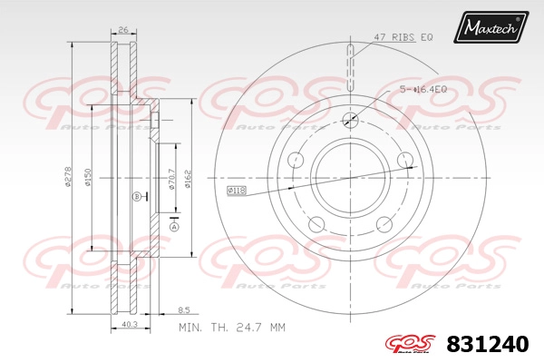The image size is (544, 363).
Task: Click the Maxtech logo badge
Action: tap(491, 27)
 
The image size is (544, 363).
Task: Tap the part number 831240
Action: tap(488, 344)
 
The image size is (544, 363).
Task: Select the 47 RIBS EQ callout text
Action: tap(403, 37)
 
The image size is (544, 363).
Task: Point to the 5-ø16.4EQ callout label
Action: tap(423, 90)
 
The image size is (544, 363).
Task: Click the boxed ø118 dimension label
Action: tap(237, 191)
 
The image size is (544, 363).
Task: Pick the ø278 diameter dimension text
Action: tap(68, 176)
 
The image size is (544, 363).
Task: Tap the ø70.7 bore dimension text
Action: tap(171, 179)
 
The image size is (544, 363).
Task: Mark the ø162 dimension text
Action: tap(188, 179)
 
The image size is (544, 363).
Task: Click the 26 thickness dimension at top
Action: tap(123, 30)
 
